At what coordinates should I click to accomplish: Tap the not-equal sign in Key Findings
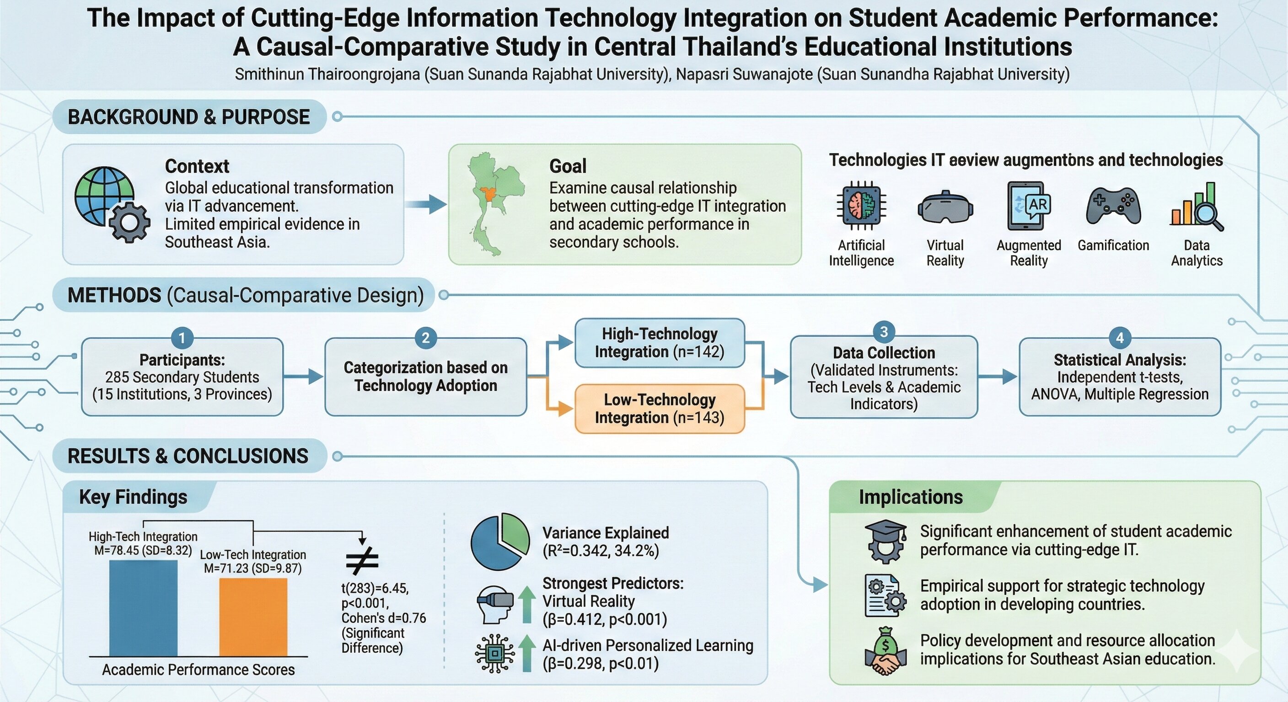(x=362, y=561)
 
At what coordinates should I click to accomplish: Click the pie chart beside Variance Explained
(x=499, y=542)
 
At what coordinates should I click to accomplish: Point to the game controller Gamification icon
(x=1113, y=206)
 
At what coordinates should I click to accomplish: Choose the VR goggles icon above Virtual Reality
(x=945, y=207)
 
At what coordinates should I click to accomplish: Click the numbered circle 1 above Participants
(x=182, y=338)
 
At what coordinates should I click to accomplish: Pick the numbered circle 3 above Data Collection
(x=884, y=332)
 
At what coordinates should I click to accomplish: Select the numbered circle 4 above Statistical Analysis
(x=1120, y=338)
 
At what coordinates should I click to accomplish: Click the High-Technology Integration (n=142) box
(x=660, y=343)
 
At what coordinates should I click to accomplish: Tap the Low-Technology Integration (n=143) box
(x=660, y=408)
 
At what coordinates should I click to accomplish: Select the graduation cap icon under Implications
(x=885, y=540)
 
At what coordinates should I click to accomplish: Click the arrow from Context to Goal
(x=426, y=204)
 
